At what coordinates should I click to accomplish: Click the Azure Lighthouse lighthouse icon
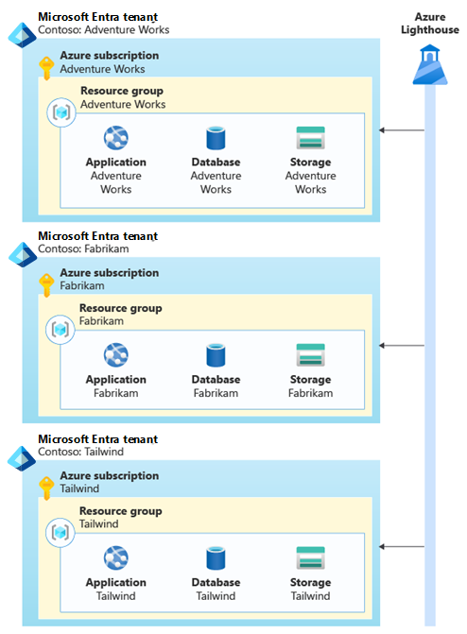[x=430, y=64]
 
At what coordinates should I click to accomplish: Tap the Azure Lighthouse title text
[x=430, y=24]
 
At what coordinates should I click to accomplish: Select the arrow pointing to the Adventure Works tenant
[x=402, y=130]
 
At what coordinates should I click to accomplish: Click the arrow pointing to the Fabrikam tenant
[x=402, y=345]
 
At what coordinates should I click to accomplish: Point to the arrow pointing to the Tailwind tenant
[x=402, y=547]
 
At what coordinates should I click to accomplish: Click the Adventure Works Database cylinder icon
[x=216, y=137]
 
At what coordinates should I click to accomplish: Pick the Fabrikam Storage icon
[x=310, y=354]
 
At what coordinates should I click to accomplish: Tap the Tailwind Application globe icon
[x=115, y=557]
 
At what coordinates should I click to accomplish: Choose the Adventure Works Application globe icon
[x=115, y=137]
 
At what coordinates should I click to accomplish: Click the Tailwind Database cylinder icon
[x=216, y=558]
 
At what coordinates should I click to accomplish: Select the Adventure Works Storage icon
[x=310, y=137]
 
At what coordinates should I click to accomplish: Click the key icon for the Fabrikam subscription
[x=46, y=285]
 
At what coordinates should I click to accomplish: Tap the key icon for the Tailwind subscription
[x=46, y=488]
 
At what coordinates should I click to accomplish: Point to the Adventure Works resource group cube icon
[x=61, y=112]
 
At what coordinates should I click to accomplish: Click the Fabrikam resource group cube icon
[x=61, y=330]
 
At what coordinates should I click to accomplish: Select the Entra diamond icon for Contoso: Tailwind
[x=22, y=458]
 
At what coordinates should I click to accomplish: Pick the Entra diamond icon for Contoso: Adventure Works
[x=23, y=35]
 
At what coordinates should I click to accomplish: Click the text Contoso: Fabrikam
[x=83, y=248]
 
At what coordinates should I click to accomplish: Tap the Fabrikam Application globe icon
[x=115, y=354]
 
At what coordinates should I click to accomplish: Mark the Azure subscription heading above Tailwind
[x=110, y=475]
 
